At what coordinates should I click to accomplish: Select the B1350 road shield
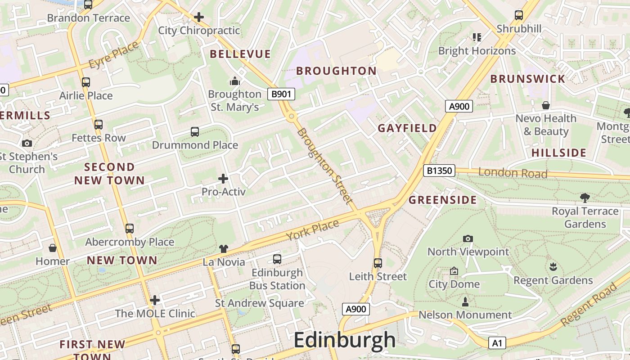(x=439, y=171)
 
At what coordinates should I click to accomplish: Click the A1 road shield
(x=497, y=343)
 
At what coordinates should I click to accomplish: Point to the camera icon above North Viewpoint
(x=468, y=238)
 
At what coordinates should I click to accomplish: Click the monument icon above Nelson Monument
(x=465, y=301)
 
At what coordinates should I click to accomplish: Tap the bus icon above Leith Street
(x=378, y=263)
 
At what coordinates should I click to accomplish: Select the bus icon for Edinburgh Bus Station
(x=277, y=259)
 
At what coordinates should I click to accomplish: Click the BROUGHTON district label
(x=336, y=71)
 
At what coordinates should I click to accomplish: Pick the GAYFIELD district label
(x=407, y=128)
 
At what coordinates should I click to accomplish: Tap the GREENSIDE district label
(x=442, y=200)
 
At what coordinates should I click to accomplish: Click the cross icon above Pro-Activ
(x=223, y=179)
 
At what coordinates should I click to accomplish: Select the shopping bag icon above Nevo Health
(x=546, y=105)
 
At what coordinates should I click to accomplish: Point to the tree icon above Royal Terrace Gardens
(x=585, y=198)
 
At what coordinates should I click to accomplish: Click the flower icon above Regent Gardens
(x=553, y=267)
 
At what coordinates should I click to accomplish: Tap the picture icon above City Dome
(x=454, y=271)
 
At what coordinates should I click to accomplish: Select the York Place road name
(x=312, y=230)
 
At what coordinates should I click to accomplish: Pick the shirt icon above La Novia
(x=224, y=249)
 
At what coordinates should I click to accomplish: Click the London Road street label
(x=513, y=173)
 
